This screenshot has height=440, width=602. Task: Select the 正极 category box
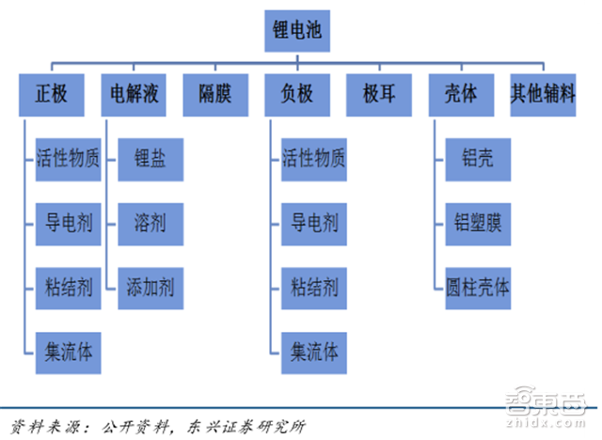[52, 95]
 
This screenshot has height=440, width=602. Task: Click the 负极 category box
[295, 95]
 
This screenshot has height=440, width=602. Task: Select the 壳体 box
[460, 95]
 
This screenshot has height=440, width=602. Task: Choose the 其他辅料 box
[543, 95]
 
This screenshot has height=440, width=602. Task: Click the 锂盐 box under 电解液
[150, 159]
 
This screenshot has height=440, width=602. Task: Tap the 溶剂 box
[150, 223]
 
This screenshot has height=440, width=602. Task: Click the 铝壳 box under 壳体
[477, 159]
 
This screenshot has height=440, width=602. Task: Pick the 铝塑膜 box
[477, 223]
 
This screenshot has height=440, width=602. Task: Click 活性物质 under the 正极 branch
[68, 159]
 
